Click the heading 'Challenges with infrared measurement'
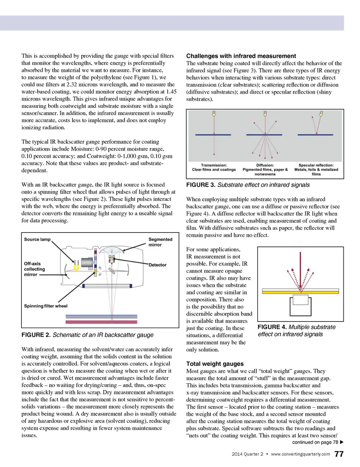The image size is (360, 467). tap(241, 56)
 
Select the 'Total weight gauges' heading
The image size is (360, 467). tap(215, 363)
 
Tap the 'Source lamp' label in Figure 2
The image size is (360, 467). tap(37, 239)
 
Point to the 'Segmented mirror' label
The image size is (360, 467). tap(160, 242)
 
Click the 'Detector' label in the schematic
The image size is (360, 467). tap(157, 265)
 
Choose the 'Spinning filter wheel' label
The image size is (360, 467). tap(46, 306)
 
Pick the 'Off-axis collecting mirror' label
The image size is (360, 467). tap(34, 269)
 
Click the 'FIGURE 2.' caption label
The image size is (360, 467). tap(36, 335)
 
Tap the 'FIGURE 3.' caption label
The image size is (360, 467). tap(201, 185)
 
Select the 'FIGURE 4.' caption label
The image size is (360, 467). tap(272, 327)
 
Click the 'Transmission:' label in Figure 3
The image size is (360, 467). tap(214, 165)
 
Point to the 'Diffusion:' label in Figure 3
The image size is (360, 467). tap(265, 165)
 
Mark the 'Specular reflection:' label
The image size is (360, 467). tap(316, 165)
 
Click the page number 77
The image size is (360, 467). tap(339, 454)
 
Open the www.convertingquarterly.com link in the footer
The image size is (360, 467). tap(300, 454)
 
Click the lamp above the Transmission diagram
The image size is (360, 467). tap(214, 113)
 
